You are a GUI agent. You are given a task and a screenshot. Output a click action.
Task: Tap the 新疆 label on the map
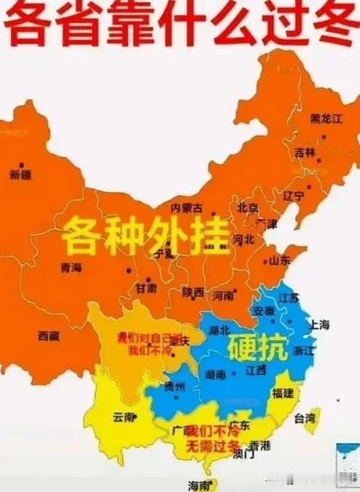point(21,174)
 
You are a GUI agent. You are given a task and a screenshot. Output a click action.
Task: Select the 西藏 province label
point(49,335)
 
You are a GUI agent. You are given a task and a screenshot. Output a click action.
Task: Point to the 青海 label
point(72,268)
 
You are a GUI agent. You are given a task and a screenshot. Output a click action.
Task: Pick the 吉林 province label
point(305,153)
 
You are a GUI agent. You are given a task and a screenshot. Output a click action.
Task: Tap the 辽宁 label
point(294,195)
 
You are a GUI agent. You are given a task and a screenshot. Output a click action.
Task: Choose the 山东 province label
point(280,260)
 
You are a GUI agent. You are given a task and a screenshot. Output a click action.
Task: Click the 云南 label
point(125,417)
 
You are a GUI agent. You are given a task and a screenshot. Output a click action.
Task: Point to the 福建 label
point(283,393)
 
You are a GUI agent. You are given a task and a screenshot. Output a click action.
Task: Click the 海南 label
point(199,485)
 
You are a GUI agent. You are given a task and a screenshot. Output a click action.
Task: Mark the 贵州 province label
point(174,386)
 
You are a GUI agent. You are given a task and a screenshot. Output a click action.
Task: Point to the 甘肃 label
point(145,289)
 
